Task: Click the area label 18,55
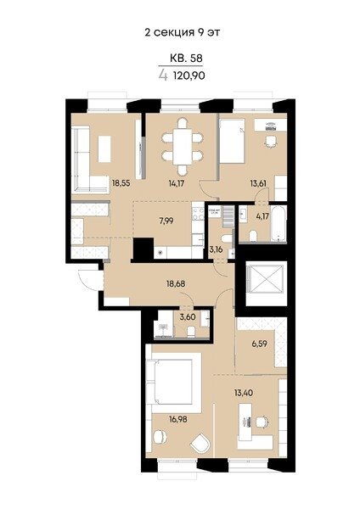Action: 121,183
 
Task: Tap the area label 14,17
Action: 177,183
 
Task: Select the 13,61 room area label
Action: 258,183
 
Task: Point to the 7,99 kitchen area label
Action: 166,221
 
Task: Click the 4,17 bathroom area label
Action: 262,215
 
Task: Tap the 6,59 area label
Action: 260,344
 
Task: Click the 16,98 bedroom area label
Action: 177,419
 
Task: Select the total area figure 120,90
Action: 189,76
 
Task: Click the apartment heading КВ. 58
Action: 186,58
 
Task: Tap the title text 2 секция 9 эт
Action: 183,32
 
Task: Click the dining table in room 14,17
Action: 183,147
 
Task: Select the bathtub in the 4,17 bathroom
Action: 278,224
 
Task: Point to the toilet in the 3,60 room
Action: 191,332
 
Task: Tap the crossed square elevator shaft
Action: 266,279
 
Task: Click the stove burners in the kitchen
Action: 197,215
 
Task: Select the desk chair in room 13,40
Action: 262,422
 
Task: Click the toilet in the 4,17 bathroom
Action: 253,237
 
